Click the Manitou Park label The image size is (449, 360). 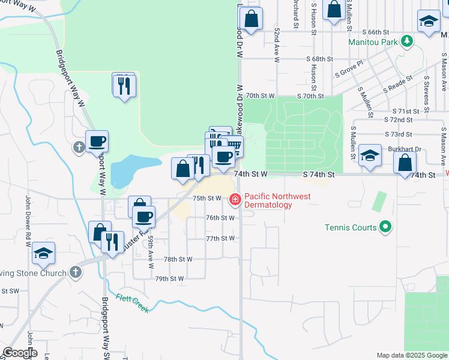coord(373,43)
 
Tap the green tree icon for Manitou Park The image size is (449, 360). coord(408,41)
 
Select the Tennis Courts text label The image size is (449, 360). coord(351,227)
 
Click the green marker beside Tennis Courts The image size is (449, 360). coord(386,227)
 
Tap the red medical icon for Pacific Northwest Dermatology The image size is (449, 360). coord(235,198)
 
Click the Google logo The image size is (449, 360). coord(20,353)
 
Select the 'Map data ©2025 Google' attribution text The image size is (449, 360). coord(412,355)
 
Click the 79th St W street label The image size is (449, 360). coord(169,279)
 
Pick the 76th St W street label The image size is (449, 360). coord(220,218)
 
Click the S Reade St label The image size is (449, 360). coord(398,82)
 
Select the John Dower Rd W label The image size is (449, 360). coord(28,221)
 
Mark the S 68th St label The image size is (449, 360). coord(319,59)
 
